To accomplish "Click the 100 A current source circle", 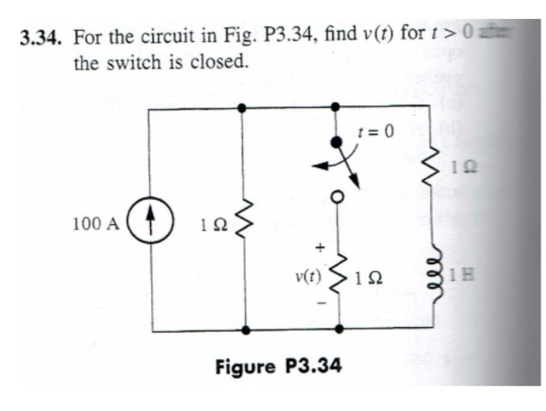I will [x=150, y=224].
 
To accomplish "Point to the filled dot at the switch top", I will [x=337, y=140].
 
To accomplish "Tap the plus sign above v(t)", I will [x=320, y=246].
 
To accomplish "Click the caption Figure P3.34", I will [x=278, y=366].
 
